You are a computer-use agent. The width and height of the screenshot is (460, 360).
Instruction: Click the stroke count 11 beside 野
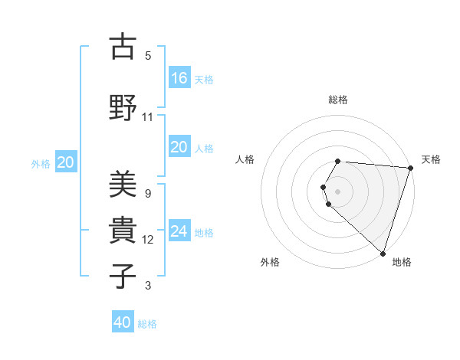pos(148,117)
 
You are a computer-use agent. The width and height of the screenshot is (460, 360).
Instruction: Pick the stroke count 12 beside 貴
pos(148,240)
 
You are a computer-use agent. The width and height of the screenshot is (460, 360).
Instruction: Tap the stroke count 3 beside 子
pos(148,286)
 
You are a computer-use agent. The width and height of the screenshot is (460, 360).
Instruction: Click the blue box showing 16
pos(179,78)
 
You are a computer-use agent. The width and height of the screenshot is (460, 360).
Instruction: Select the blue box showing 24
pos(179,231)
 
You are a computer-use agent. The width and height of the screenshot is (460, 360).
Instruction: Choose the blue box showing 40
pos(123,323)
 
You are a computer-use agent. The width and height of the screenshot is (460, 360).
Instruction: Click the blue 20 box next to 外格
pos(66,162)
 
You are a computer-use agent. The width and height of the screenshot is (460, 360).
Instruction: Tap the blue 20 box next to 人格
pos(179,148)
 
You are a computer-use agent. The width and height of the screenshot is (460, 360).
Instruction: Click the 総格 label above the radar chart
pos(338,100)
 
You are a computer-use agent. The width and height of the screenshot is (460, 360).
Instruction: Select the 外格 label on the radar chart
pos(270,262)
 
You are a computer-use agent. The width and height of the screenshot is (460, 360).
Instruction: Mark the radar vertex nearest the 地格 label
pos(383,253)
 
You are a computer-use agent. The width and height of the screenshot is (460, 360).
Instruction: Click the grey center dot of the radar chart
pos(338,191)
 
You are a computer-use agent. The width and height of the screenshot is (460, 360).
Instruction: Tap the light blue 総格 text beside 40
pos(147,324)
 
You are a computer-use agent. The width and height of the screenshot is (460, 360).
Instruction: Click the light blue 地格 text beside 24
pos(204,232)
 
